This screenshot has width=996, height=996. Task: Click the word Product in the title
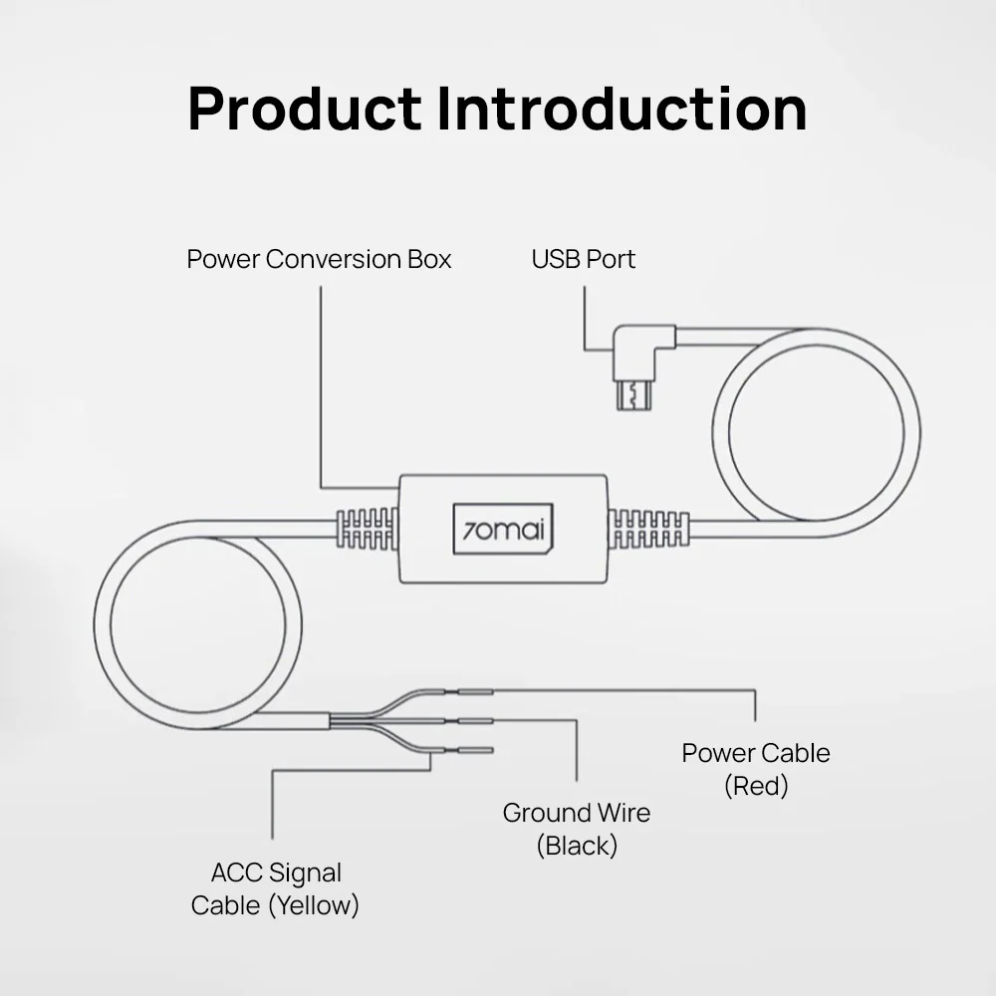click(x=304, y=109)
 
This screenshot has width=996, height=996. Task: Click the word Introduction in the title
click(x=622, y=109)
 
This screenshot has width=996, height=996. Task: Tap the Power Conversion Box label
click(x=319, y=259)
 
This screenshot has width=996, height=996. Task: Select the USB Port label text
click(x=583, y=259)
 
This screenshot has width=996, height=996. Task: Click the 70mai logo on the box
click(x=503, y=530)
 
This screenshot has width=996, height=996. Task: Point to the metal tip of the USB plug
click(x=633, y=395)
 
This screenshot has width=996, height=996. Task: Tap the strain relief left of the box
click(x=368, y=529)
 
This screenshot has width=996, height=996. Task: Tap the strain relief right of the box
click(x=648, y=529)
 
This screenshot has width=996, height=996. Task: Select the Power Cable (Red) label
click(x=756, y=769)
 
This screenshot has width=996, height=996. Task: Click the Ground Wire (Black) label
click(x=577, y=829)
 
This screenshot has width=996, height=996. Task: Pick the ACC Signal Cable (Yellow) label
click(x=275, y=888)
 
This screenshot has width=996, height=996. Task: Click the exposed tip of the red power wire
click(x=475, y=692)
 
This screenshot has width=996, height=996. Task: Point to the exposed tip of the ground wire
click(x=475, y=721)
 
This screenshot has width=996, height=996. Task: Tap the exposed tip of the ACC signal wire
click(x=475, y=750)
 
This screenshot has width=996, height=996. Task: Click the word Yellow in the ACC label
click(x=314, y=905)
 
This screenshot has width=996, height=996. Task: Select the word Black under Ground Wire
click(x=577, y=846)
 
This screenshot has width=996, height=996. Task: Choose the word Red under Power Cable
click(x=756, y=786)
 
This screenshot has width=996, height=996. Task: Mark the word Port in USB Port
click(x=611, y=259)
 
